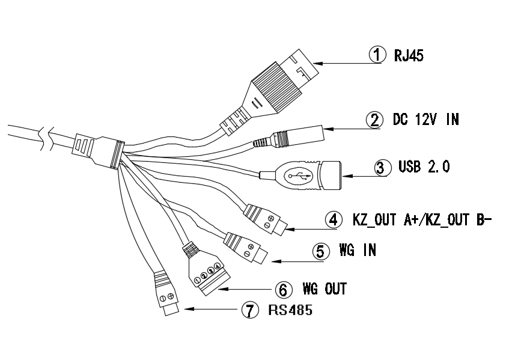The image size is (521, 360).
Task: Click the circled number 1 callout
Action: point(377,55)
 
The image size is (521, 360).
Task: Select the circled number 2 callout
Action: point(375,120)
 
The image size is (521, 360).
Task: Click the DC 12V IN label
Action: point(425,120)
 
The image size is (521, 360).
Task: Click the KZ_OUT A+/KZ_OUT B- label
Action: point(422,219)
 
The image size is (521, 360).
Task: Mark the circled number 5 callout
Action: point(320,251)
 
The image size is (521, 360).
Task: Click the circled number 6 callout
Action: point(283,289)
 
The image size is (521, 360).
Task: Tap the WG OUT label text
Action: point(324,289)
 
